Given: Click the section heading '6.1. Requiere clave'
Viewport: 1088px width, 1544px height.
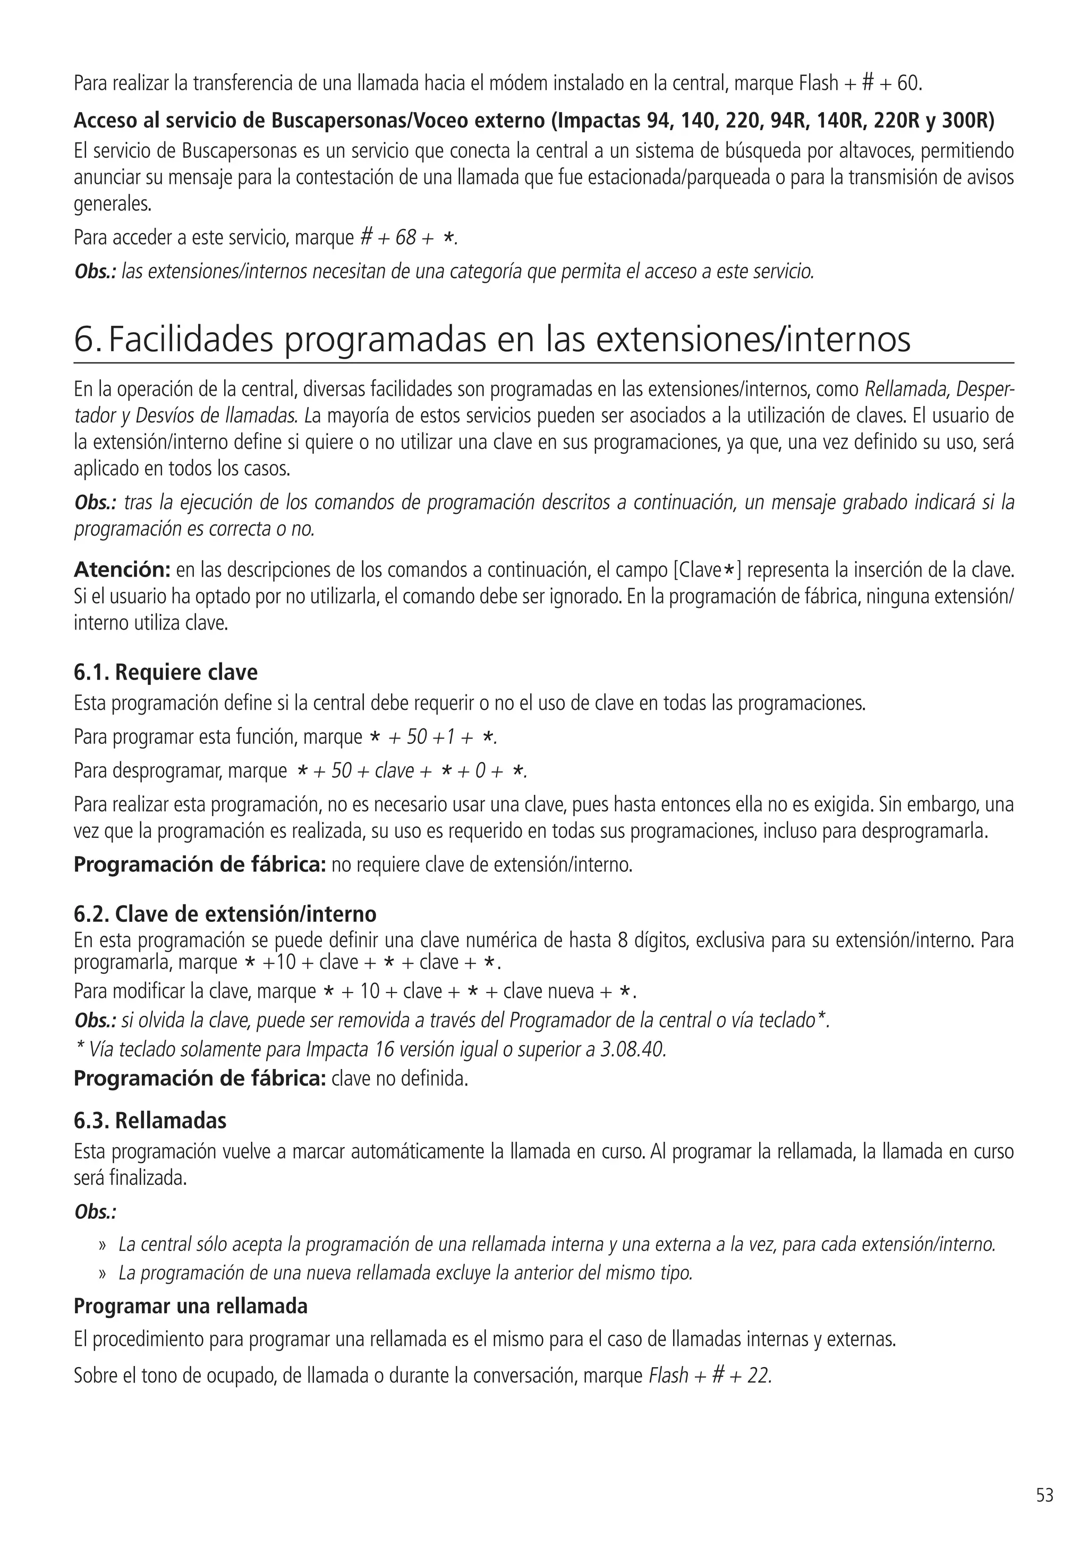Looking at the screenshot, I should [x=165, y=673].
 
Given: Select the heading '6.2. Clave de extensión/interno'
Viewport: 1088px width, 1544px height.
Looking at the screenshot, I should [x=225, y=914].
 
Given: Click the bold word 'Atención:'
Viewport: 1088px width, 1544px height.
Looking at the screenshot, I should [x=122, y=570].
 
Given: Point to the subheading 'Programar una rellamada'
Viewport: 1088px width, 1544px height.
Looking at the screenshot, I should [x=190, y=1306].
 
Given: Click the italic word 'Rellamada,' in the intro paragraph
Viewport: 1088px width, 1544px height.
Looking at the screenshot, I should [x=907, y=389].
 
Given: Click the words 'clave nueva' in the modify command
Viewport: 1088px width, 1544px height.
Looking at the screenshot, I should [x=548, y=991].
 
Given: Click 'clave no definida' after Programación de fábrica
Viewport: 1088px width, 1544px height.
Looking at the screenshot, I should [x=399, y=1079].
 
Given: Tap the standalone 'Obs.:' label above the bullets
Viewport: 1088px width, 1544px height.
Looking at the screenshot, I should [x=96, y=1212].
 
